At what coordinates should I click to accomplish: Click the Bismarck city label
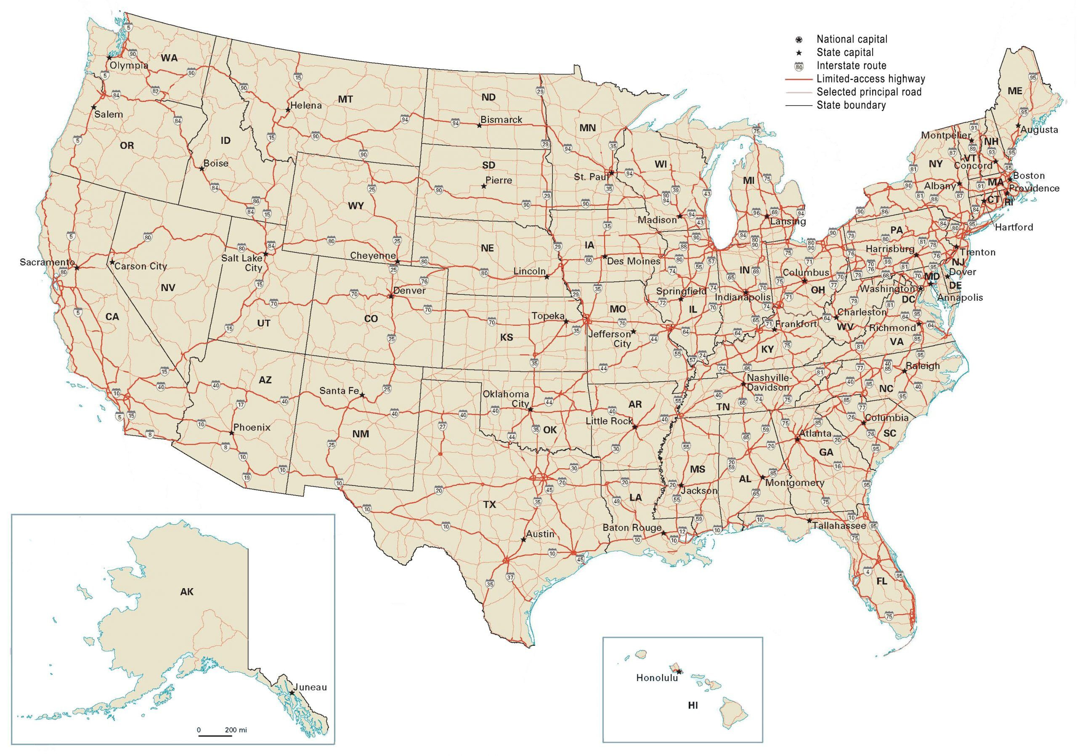coord(501,119)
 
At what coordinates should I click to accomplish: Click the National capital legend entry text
coord(852,40)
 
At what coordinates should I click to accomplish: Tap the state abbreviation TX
coord(489,504)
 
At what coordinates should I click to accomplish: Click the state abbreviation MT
coord(345,99)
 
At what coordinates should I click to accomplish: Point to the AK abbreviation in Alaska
coord(187,592)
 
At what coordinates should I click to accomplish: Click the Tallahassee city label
coord(839,526)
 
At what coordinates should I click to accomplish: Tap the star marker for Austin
coord(523,540)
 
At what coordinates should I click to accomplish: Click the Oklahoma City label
coord(506,399)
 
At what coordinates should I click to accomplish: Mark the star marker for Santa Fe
coord(362,395)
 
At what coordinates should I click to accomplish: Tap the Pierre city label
coord(499,180)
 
